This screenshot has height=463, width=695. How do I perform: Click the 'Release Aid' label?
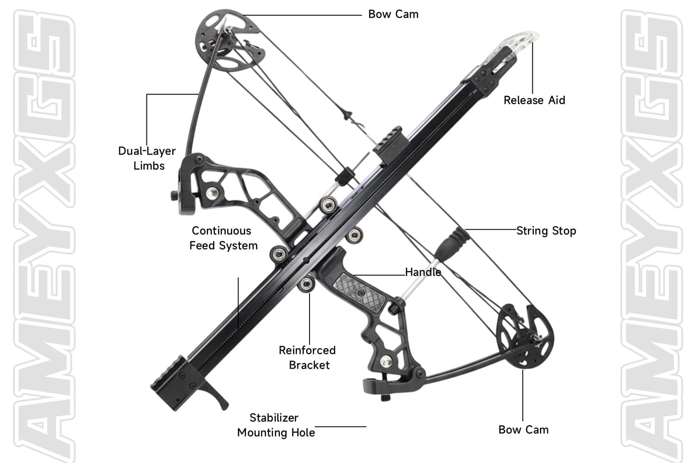click(534, 100)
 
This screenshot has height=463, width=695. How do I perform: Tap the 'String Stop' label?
click(546, 231)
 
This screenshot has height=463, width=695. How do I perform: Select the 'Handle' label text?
click(423, 272)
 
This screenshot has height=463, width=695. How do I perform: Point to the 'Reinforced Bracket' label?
click(307, 357)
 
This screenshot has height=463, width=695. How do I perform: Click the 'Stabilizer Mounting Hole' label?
click(275, 425)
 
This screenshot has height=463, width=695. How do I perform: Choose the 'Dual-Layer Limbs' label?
click(147, 158)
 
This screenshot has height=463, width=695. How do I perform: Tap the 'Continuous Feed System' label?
click(223, 238)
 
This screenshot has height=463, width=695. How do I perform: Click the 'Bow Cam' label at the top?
click(393, 14)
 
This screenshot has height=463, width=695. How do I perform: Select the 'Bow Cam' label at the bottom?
click(524, 430)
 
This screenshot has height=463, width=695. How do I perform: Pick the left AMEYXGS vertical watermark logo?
click(44, 231)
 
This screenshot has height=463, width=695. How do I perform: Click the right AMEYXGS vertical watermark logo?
click(651, 231)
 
